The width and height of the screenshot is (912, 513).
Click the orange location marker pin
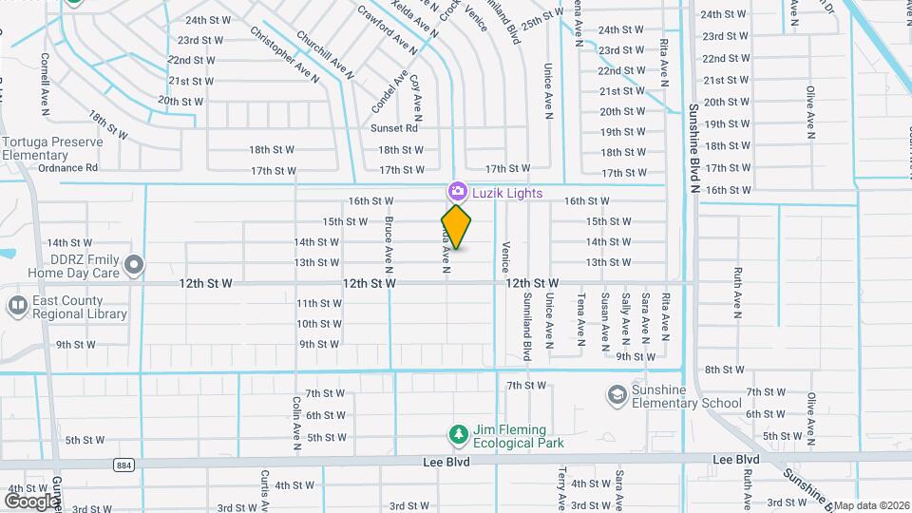456,226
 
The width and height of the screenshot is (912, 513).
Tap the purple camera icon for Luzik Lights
456,192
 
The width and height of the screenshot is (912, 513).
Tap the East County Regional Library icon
17,306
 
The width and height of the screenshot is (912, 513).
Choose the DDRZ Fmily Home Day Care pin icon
135,264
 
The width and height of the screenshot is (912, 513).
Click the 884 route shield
122,465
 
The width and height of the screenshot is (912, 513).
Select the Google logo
32,501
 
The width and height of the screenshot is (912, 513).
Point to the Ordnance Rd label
67,168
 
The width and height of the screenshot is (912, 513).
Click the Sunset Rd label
394,128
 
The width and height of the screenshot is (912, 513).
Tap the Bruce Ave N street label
389,239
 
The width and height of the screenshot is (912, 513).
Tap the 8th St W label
724,370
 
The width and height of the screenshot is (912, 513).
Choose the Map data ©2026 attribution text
871,505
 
